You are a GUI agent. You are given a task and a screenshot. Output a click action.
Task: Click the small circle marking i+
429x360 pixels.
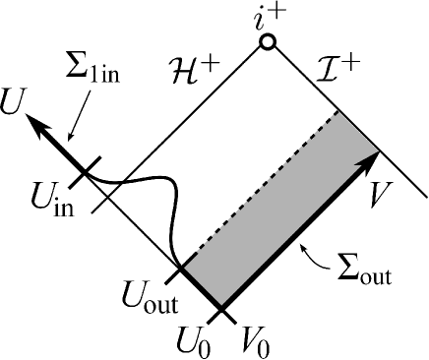pos(267,42)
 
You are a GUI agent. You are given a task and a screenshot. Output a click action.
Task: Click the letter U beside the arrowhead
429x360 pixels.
pos(13,101)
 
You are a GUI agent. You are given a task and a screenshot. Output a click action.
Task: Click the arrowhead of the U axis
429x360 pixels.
pos(34,121)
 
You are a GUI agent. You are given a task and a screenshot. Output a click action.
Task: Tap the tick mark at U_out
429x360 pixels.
pos(180,268)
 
